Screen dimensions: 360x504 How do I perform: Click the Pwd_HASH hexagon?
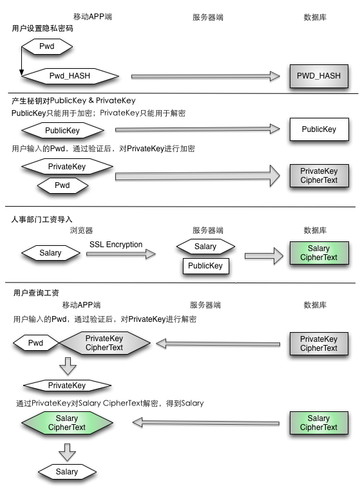tap(70, 76)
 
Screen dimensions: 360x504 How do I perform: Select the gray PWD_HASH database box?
tap(319, 76)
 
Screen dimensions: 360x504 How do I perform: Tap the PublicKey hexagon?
tap(62, 131)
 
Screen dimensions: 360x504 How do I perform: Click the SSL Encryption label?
tap(116, 245)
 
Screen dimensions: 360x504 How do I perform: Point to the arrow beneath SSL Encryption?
tap(121, 254)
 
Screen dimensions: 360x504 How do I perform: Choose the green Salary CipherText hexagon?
tap(67, 423)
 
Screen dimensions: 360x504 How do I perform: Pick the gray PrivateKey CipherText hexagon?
tap(104, 343)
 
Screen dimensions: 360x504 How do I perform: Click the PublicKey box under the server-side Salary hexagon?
tap(206, 266)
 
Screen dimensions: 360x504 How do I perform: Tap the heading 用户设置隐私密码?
tap(43, 28)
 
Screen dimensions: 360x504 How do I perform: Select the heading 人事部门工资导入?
tap(42, 219)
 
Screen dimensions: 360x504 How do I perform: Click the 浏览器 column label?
tap(81, 230)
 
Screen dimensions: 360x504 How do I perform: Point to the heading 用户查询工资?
tap(36, 292)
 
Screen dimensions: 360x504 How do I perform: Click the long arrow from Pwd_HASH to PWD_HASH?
tap(206, 77)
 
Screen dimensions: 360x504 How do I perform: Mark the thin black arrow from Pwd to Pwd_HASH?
tap(21, 61)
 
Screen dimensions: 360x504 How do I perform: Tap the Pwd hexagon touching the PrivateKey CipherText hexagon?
tap(35, 343)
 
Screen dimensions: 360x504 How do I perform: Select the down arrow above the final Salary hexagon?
tap(67, 453)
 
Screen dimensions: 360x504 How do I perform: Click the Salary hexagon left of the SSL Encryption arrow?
tap(50, 253)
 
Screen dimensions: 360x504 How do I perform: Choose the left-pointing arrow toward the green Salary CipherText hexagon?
tap(206, 423)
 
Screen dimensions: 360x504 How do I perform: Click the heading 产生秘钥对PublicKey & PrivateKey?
tap(73, 100)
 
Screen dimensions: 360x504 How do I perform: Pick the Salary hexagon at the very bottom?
tap(67, 472)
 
